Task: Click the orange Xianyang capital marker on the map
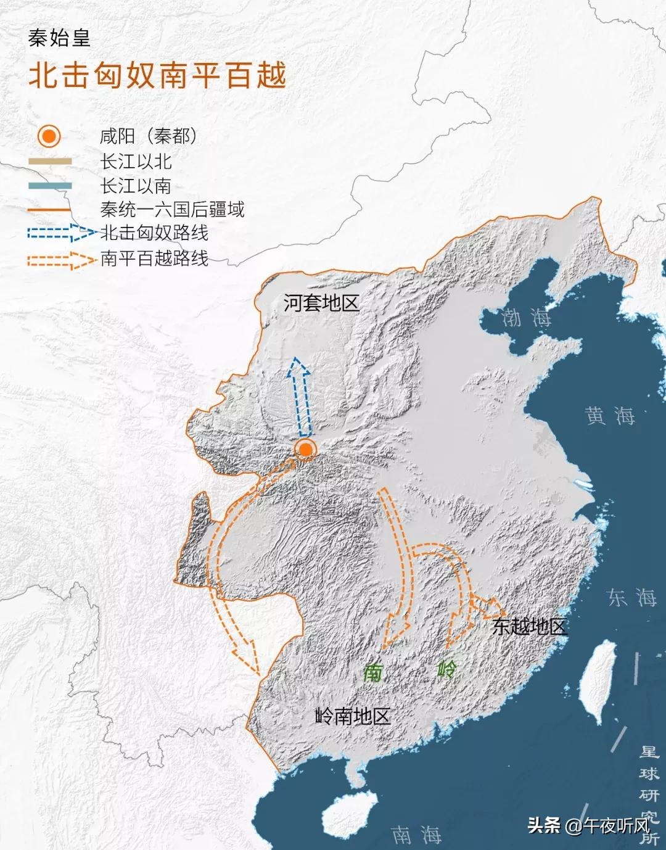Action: (x=305, y=449)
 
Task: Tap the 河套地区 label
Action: (x=321, y=303)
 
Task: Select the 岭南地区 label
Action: (x=353, y=716)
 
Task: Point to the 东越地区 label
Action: (x=529, y=627)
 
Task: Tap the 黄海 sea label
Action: (x=610, y=416)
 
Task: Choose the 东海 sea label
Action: (x=632, y=597)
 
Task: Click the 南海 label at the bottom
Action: (x=416, y=835)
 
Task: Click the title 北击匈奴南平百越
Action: (x=158, y=76)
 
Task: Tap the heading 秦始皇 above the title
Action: (x=59, y=38)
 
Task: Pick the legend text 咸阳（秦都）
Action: (x=149, y=136)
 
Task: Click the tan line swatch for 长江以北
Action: (x=50, y=162)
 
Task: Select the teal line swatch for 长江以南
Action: (x=50, y=186)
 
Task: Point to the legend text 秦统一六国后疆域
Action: (x=172, y=210)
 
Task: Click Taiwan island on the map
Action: (x=596, y=679)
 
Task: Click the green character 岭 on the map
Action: (x=447, y=669)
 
